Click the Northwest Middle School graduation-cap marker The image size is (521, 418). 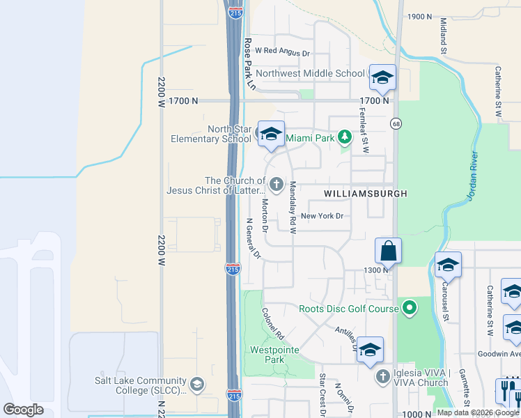(x=382, y=78)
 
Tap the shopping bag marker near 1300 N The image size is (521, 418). (x=388, y=251)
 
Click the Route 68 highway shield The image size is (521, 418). (x=396, y=123)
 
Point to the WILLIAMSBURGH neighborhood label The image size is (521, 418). (x=365, y=192)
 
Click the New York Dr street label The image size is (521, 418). (x=322, y=216)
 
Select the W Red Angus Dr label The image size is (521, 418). (x=282, y=52)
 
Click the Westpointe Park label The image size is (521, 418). (x=268, y=355)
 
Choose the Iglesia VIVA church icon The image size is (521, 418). (x=382, y=377)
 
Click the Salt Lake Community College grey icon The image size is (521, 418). (x=198, y=384)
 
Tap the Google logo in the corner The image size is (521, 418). (x=24, y=410)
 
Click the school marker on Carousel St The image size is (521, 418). (x=448, y=265)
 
